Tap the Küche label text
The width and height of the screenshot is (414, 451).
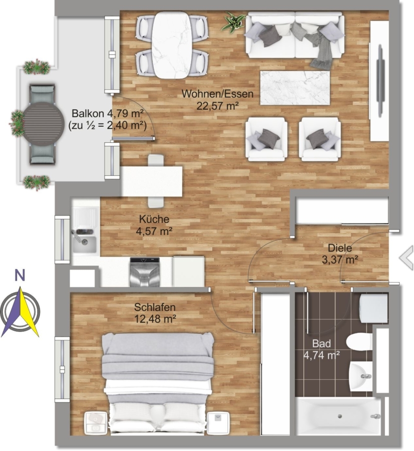coord(154,219)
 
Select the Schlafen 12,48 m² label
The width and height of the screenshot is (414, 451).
coord(155,313)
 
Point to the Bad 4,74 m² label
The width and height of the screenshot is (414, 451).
coord(321,349)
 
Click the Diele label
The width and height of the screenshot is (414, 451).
coord(340,248)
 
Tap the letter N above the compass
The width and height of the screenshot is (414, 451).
coord(20,276)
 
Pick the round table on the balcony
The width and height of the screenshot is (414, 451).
coord(44,124)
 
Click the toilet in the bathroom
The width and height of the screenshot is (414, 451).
coord(359,342)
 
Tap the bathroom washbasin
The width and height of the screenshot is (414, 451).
coord(361,376)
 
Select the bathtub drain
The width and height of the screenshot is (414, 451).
coord(339,416)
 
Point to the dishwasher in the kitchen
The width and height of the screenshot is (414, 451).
coord(145,272)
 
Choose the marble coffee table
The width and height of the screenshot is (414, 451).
coord(295,88)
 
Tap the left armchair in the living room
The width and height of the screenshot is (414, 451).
coord(266,139)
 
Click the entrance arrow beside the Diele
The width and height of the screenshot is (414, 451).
coord(406,258)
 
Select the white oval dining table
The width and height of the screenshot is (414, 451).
coord(172,45)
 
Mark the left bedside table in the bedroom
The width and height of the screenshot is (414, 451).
coord(96,423)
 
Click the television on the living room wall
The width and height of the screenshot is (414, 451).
coord(380,81)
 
